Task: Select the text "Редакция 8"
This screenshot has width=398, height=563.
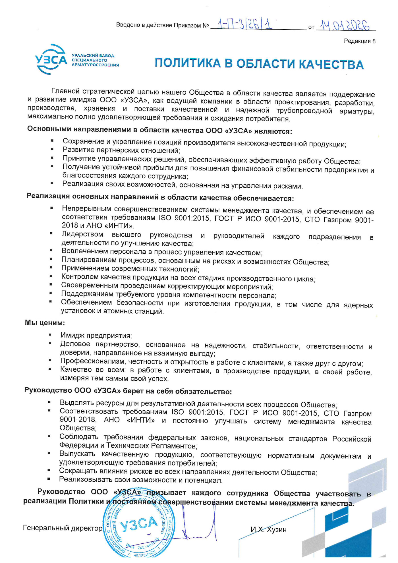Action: [360, 41]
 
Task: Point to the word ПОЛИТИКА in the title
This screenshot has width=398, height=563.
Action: [188, 63]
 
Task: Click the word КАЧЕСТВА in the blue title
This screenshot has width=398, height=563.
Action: [331, 65]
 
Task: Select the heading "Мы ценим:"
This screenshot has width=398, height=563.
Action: [45, 323]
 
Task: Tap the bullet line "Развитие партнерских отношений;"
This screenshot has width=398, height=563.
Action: [121, 150]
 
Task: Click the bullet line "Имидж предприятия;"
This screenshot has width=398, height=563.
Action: [96, 336]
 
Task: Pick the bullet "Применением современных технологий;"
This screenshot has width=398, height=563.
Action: [130, 269]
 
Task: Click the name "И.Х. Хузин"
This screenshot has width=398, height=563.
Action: [268, 529]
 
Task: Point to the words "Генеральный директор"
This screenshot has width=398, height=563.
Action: [63, 528]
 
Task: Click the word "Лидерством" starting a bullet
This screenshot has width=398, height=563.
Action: [82, 235]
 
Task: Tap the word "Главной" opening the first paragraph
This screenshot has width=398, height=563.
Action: [65, 91]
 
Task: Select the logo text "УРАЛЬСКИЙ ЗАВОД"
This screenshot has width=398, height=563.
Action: [93, 55]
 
